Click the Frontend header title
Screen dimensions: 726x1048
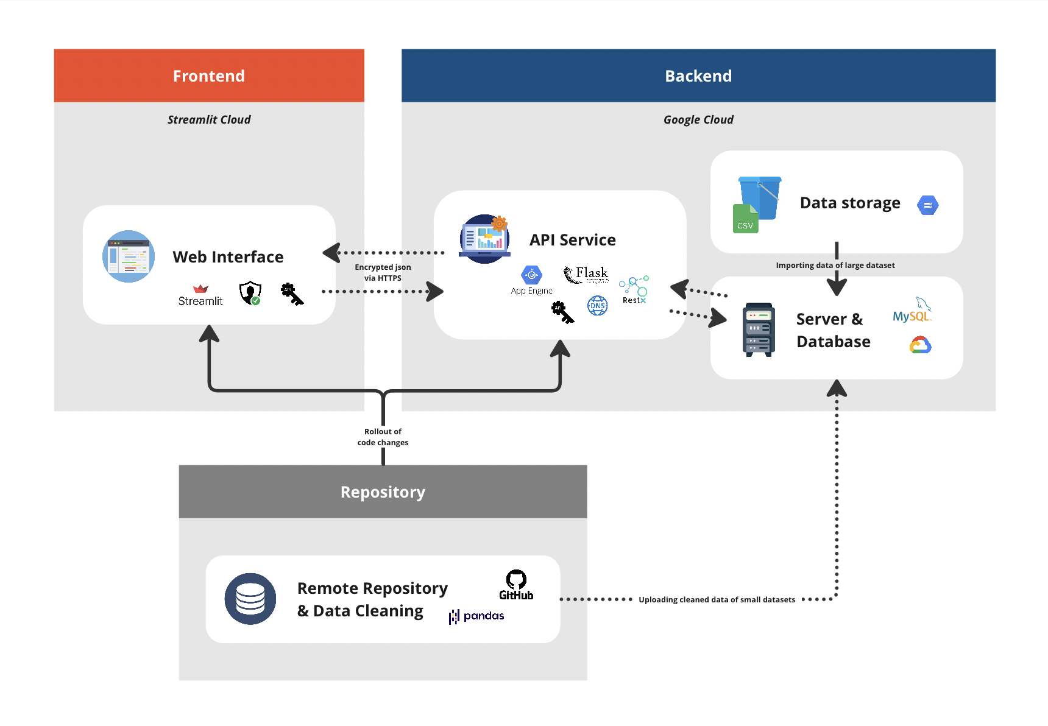click(208, 76)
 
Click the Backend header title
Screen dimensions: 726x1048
click(698, 76)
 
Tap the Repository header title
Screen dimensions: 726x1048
click(383, 492)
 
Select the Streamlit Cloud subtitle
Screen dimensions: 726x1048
click(208, 120)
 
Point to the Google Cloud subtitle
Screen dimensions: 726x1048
click(698, 120)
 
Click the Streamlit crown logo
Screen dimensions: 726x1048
click(200, 289)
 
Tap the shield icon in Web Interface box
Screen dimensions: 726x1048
click(250, 293)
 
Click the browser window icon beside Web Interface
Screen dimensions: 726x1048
click(129, 256)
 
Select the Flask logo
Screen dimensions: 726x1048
click(586, 275)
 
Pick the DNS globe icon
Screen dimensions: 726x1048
click(597, 305)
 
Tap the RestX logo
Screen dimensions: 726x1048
click(634, 289)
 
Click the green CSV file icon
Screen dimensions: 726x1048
click(745, 219)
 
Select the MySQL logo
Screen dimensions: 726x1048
click(912, 311)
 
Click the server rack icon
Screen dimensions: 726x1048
click(758, 330)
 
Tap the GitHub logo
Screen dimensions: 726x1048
click(516, 585)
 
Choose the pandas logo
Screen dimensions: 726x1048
click(476, 616)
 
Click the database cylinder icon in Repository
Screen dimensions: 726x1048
click(250, 599)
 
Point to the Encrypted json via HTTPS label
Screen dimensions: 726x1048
click(383, 272)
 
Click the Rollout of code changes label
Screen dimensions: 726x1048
click(383, 437)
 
